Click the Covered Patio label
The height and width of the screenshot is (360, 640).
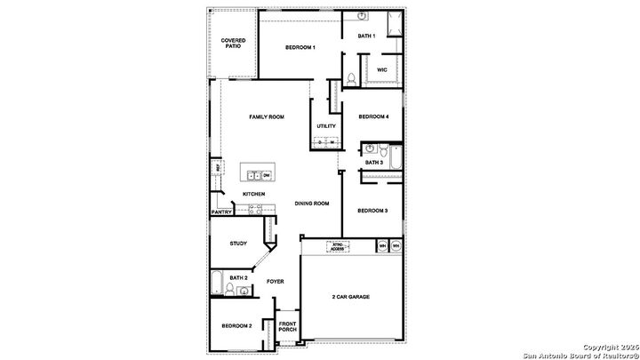(233, 43)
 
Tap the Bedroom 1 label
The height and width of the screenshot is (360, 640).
(300, 47)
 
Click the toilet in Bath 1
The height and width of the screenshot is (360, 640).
(352, 79)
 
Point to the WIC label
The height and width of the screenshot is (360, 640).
(382, 68)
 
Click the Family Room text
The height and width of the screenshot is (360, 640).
(266, 116)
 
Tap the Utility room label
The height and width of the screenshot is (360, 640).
(325, 126)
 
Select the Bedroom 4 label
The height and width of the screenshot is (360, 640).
(373, 116)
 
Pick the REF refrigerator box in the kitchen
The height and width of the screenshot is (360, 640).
(216, 166)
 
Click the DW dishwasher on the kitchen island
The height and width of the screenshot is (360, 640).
(266, 176)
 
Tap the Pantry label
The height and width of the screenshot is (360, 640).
(221, 212)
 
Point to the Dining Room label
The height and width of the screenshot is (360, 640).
(312, 204)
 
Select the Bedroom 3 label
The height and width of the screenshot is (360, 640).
(372, 211)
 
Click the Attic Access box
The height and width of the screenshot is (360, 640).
(337, 247)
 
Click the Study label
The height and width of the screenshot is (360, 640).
(238, 244)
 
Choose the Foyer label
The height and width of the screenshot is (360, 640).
(275, 282)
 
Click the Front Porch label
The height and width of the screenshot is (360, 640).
(287, 326)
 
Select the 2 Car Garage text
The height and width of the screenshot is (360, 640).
(351, 297)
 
